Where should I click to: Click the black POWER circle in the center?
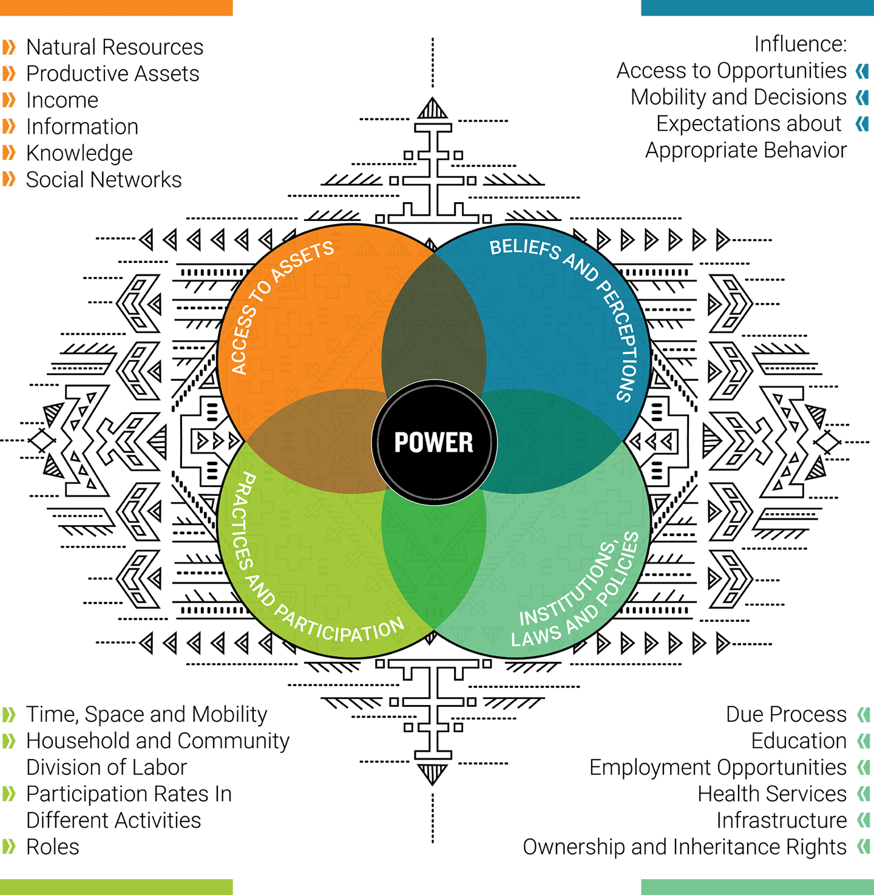pos(434,442)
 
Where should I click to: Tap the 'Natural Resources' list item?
pos(115,47)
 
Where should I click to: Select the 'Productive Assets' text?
pos(112,74)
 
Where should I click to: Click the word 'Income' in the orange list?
pos(62,100)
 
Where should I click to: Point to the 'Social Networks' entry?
pos(104,180)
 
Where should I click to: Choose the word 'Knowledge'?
pos(80,153)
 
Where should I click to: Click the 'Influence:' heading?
pos(800,44)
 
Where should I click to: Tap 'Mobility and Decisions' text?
pos(738,97)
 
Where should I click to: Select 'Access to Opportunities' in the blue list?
pos(731,71)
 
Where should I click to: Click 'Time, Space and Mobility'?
pos(146,715)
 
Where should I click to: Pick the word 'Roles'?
pos(53,847)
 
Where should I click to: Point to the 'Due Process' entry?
pos(786,715)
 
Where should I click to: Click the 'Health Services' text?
pos(771,794)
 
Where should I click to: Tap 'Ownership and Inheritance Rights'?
pos(684,847)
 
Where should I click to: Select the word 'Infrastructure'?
pos(781,820)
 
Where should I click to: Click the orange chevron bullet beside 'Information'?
pos(9,127)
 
